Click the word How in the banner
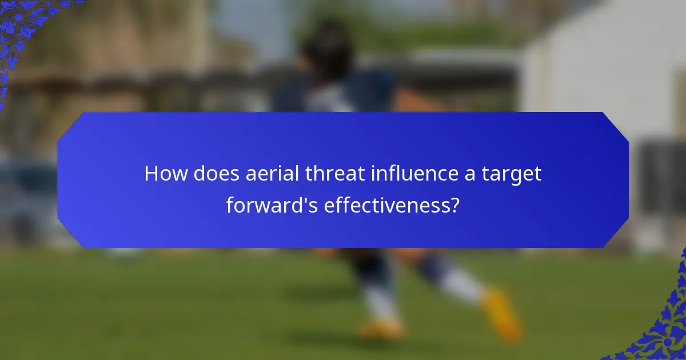(166, 173)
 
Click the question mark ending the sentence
(455, 204)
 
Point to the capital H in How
(151, 173)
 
